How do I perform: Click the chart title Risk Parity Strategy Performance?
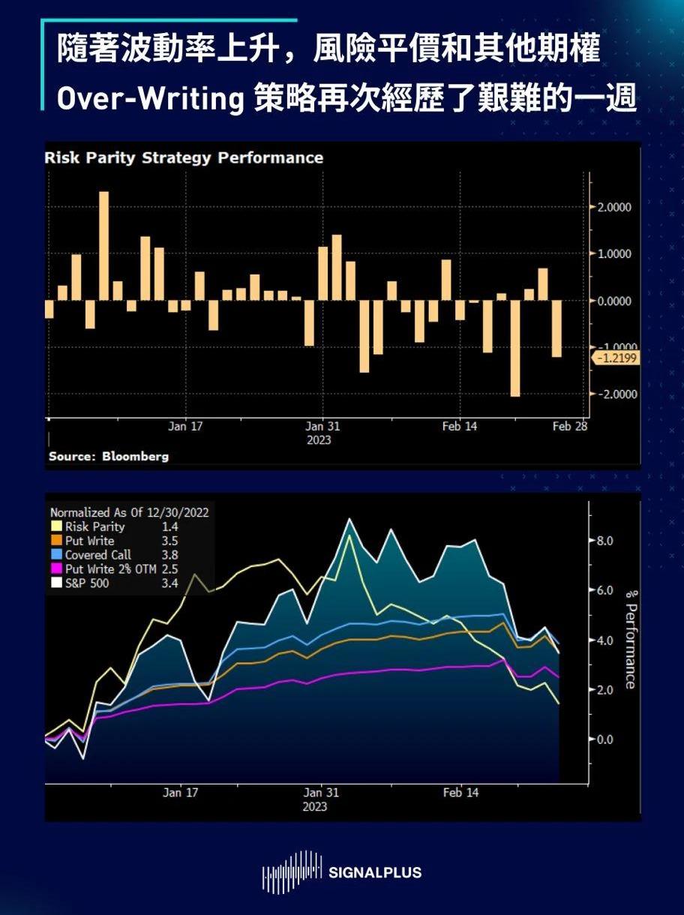tap(184, 158)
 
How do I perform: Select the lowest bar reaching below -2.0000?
tap(514, 348)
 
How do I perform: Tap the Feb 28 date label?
tap(570, 427)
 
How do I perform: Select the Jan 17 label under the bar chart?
tap(185, 427)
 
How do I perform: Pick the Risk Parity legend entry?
tap(94, 527)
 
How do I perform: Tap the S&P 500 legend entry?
tap(87, 583)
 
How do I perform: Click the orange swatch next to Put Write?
tap(55, 541)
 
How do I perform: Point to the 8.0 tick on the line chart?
tap(605, 541)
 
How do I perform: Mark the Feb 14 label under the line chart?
tap(460, 793)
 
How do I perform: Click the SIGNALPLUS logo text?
tap(375, 873)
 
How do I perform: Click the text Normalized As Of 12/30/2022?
tap(129, 513)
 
